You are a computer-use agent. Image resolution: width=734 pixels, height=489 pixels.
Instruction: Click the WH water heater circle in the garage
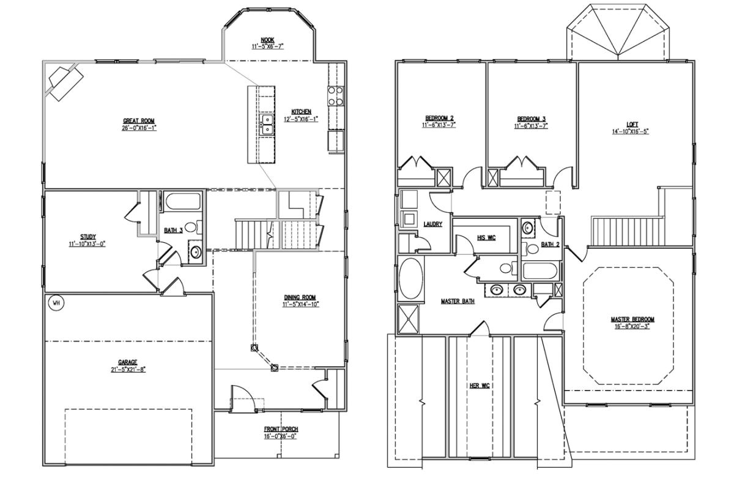point(56,303)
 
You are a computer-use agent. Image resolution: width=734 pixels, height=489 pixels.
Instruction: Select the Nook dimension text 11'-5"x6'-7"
point(267,46)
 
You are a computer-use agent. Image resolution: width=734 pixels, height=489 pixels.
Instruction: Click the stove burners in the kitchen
point(335,96)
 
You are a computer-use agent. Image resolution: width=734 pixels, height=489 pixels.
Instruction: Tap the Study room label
point(87,237)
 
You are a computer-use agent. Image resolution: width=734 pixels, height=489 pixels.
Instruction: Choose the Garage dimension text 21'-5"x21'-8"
point(127,369)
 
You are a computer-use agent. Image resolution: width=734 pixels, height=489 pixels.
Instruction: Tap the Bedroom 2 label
point(439,118)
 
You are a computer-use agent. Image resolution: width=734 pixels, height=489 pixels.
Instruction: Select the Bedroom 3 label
point(530,118)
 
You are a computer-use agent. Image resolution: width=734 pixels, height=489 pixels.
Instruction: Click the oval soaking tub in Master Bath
point(410,278)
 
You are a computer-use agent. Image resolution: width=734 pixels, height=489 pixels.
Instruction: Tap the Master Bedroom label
point(632,319)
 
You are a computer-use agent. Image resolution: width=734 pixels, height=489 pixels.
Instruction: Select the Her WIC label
point(478,385)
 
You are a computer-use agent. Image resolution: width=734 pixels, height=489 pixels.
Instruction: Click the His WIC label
point(486,237)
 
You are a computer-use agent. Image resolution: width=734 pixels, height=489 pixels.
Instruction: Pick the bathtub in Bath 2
point(539,271)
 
